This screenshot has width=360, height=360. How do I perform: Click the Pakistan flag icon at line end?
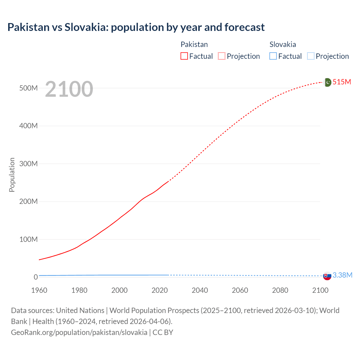tap(327, 82)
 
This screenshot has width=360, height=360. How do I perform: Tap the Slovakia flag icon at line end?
tap(327, 276)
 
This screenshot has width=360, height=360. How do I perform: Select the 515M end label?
tap(342, 82)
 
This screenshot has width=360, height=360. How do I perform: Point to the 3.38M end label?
tap(342, 275)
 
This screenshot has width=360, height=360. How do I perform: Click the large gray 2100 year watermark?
tap(69, 89)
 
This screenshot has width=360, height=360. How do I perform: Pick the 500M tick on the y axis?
tap(28, 88)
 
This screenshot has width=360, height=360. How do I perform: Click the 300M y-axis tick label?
tap(28, 164)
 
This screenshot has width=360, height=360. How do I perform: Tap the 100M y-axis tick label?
tap(28, 239)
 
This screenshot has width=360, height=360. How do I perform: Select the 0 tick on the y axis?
tap(36, 277)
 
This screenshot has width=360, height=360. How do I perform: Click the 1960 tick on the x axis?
tap(39, 290)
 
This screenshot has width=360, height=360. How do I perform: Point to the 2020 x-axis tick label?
tap(159, 290)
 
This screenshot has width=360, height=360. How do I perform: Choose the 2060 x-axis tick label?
tap(240, 290)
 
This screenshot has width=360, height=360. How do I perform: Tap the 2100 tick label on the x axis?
tap(320, 290)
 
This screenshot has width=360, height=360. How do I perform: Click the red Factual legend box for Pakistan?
tap(184, 56)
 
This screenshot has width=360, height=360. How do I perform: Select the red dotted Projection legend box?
tap(222, 56)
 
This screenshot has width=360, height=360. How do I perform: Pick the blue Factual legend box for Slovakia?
tap(273, 56)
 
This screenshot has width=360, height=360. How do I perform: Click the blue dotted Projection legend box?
tap(311, 56)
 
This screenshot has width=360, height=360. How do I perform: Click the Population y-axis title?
tap(12, 175)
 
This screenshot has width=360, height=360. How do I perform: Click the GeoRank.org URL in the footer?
tap(79, 332)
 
